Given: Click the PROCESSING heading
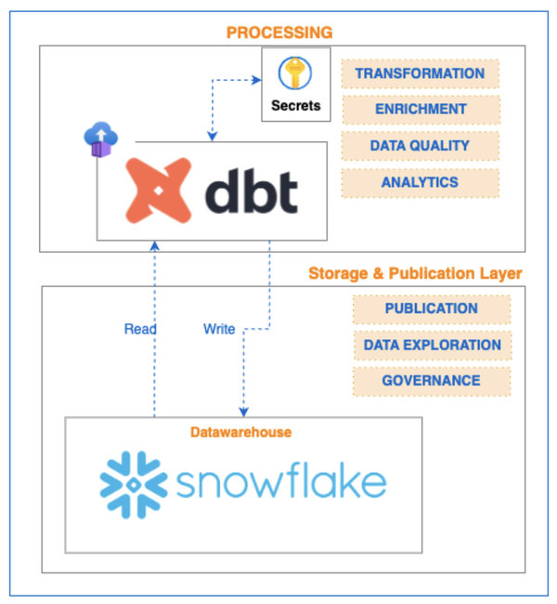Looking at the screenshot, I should pyautogui.click(x=279, y=33).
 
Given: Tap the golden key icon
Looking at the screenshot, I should pyautogui.click(x=295, y=73).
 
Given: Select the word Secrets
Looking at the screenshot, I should pyautogui.click(x=295, y=105).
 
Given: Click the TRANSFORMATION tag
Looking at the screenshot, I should pyautogui.click(x=420, y=73).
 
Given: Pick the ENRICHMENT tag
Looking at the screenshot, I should pyautogui.click(x=420, y=110).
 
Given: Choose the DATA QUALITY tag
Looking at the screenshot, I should pyautogui.click(x=420, y=146).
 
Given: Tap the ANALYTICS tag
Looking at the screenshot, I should pyautogui.click(x=420, y=182).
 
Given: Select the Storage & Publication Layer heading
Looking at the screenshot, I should pyautogui.click(x=415, y=273).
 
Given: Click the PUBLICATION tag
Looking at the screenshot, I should pyautogui.click(x=432, y=309).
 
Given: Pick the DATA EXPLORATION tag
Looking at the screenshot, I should pyautogui.click(x=432, y=345).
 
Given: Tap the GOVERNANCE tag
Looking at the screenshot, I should pyautogui.click(x=432, y=380).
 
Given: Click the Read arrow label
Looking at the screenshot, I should pyautogui.click(x=140, y=329).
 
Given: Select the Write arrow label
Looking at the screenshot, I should pyautogui.click(x=219, y=329).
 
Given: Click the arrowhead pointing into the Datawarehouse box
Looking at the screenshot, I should pyautogui.click(x=243, y=412).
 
